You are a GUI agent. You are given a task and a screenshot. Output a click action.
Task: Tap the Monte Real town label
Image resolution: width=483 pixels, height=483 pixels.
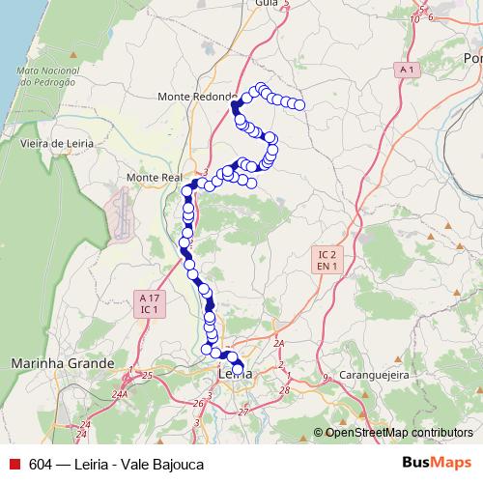pyautogui.click(x=155, y=179)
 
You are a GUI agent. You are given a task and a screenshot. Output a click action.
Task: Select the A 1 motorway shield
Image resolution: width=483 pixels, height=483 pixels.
pyautogui.click(x=407, y=71)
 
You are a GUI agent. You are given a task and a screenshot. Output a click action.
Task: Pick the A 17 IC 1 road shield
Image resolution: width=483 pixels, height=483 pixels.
pyautogui.click(x=149, y=303)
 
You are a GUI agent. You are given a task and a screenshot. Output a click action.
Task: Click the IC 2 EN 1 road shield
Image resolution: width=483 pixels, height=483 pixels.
pyautogui.click(x=328, y=259)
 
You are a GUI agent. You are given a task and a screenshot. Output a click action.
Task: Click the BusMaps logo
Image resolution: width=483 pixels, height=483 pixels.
pyautogui.click(x=437, y=464)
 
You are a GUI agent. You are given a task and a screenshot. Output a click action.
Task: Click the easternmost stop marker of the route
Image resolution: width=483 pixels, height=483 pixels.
pyautogui.click(x=299, y=104)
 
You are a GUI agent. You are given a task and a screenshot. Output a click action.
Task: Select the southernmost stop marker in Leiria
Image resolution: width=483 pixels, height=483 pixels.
pyautogui.click(x=238, y=368)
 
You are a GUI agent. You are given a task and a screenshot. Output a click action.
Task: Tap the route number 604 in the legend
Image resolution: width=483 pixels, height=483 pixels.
pyautogui.click(x=41, y=465)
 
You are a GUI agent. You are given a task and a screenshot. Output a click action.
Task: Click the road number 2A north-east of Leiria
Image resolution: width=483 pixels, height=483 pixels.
pyautogui.click(x=279, y=343)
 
